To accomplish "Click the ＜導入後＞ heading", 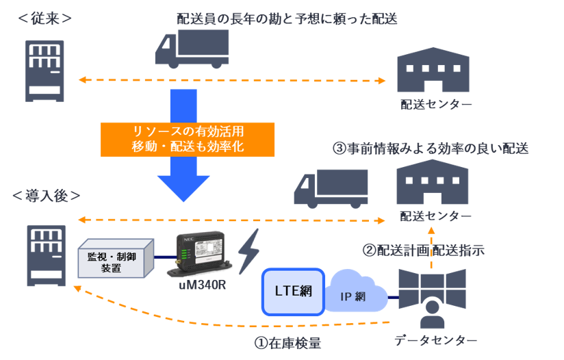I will pos(47,195).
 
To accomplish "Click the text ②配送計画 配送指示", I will pos(423,250).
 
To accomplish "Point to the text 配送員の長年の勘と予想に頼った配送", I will pos(287,18).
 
